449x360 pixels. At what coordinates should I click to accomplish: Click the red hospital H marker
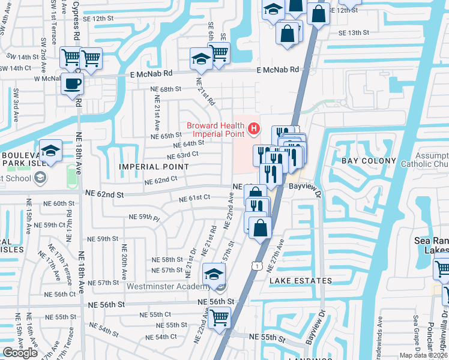coord(255,128)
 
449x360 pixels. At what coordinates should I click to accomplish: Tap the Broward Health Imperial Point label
coord(216,129)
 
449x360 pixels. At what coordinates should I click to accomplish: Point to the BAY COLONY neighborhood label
coord(369,161)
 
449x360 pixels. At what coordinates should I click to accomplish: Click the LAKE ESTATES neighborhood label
coord(300,281)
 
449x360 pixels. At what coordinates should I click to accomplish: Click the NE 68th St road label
coord(166,89)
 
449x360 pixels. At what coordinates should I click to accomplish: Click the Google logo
coord(20,353)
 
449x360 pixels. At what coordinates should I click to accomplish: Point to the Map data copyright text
coord(423,355)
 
